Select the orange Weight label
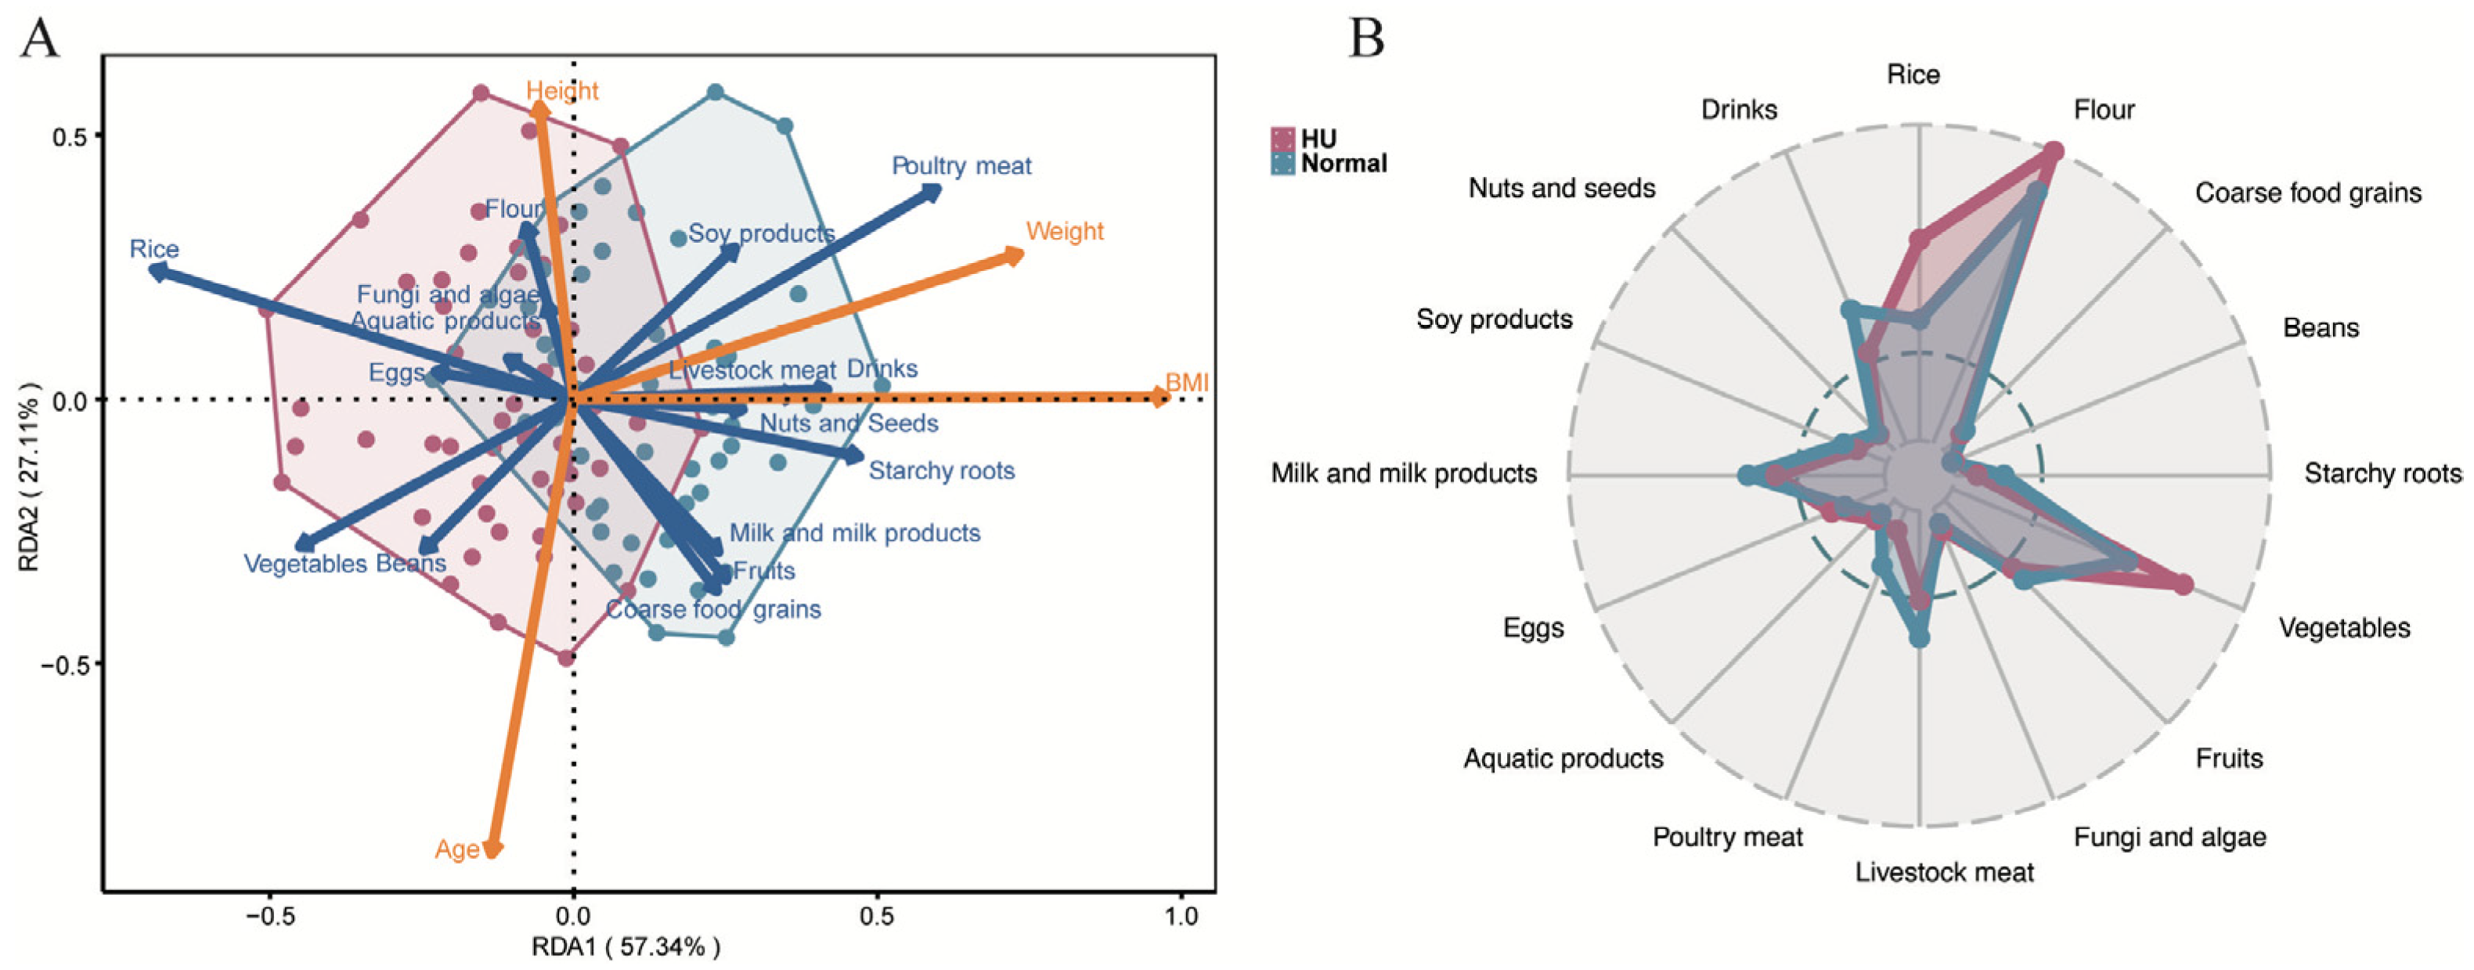[x=1064, y=232]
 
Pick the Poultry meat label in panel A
[x=961, y=166]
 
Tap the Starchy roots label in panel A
[x=941, y=471]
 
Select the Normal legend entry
[x=1343, y=164]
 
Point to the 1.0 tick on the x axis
[x=1181, y=916]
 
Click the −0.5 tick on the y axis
[x=63, y=665]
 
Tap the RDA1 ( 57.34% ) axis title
[x=626, y=948]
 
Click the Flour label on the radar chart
[x=2103, y=110]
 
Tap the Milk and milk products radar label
[x=1403, y=474]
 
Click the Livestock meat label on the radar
[x=1944, y=872]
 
